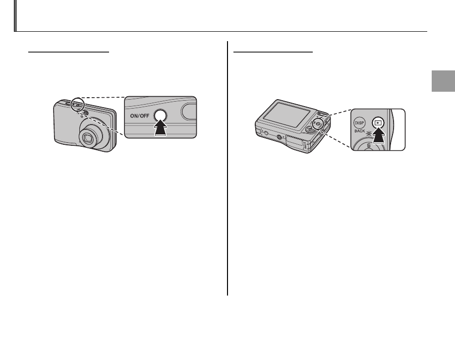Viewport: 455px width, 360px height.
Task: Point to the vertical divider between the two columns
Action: [x=227, y=169]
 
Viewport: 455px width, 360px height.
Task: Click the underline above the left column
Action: [x=68, y=51]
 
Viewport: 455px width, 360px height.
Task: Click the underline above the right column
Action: [x=273, y=51]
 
